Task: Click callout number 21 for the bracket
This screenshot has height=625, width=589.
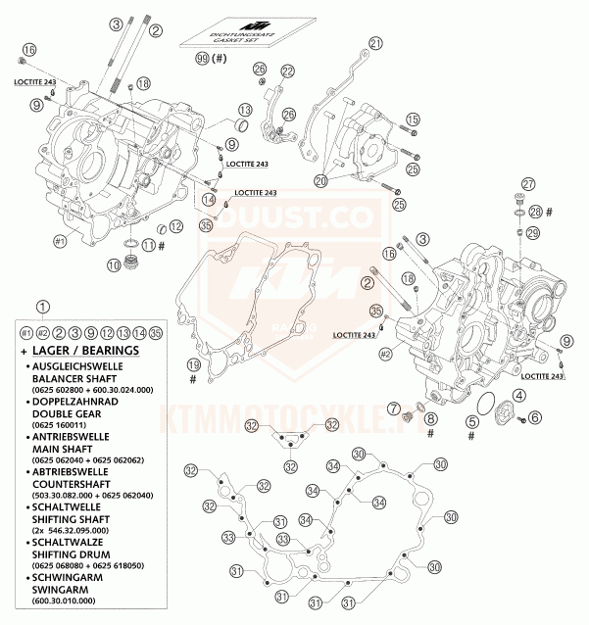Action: [375, 42]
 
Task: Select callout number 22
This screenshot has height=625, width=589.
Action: [287, 72]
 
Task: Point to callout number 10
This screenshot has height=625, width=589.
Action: [114, 264]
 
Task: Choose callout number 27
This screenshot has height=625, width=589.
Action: [528, 185]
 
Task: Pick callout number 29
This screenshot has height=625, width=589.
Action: [533, 232]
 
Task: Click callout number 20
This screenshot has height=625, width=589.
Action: [320, 180]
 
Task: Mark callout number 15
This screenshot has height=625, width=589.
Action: [413, 120]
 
